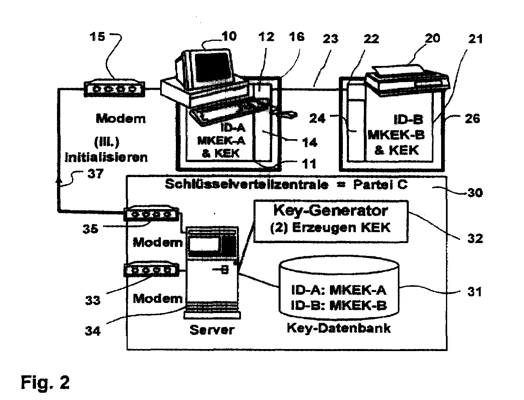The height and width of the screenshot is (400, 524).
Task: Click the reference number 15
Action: (97, 37)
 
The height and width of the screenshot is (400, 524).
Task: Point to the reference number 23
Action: (330, 39)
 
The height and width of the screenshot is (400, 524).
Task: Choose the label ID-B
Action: (408, 119)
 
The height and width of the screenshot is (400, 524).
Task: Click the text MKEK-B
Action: (396, 135)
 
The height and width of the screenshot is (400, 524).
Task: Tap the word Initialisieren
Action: (106, 157)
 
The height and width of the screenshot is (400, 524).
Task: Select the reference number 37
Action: (95, 174)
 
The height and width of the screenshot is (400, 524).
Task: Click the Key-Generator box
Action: (331, 221)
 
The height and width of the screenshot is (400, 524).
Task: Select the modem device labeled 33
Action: (151, 269)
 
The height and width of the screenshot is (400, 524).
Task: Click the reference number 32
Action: (475, 238)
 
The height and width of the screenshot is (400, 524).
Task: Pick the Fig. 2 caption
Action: (45, 382)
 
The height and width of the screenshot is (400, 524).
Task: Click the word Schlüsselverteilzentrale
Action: (246, 184)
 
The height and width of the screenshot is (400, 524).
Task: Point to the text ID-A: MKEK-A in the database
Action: (339, 290)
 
